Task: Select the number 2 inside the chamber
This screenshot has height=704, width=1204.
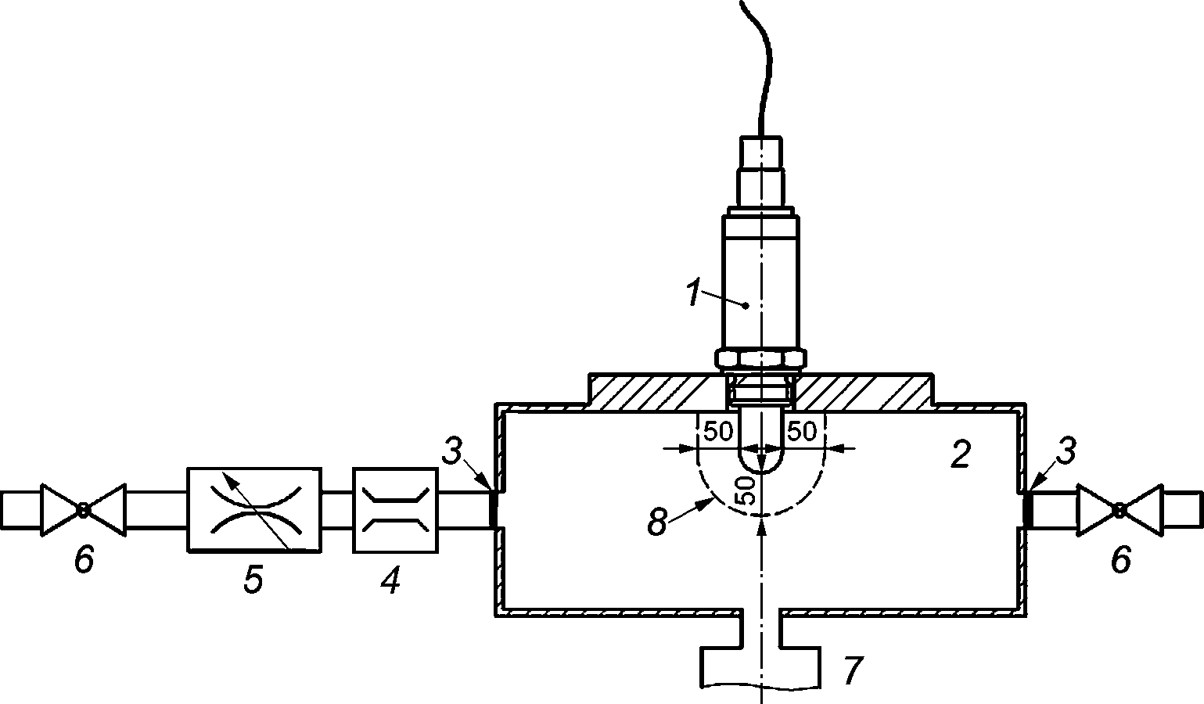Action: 961,454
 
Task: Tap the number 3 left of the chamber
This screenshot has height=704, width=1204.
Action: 452,451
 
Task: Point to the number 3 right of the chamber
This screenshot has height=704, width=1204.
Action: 1066,451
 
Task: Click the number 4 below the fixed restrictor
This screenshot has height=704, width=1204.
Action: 390,580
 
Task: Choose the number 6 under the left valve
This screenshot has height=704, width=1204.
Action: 84,559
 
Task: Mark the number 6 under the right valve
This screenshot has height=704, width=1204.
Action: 1121,559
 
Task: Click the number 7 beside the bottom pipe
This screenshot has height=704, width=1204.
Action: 853,670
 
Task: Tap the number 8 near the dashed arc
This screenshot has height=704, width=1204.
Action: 657,521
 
